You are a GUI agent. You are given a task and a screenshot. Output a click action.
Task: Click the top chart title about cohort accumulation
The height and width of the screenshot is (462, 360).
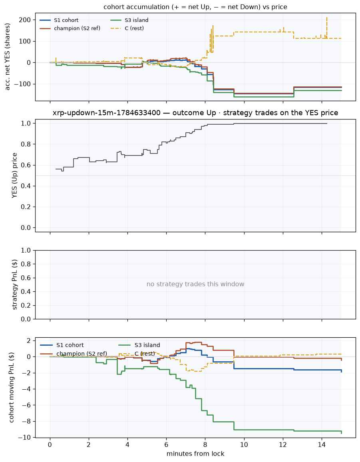[x=195, y=7]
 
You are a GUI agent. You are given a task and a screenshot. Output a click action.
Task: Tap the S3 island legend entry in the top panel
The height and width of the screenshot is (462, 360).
[x=129, y=20]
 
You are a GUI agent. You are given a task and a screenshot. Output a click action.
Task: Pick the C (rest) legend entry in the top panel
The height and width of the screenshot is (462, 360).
[x=127, y=29]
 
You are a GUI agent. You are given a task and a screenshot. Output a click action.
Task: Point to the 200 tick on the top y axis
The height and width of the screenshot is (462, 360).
[x=25, y=20]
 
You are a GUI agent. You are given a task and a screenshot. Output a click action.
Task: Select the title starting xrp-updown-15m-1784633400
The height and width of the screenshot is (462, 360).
[x=195, y=113]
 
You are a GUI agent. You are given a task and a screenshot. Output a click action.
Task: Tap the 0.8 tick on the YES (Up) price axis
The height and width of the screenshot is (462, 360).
[x=26, y=144]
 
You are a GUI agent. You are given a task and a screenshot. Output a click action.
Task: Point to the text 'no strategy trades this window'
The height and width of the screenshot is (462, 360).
[x=195, y=284]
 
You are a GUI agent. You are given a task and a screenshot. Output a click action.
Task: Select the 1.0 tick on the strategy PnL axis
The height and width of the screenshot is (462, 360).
[x=26, y=251]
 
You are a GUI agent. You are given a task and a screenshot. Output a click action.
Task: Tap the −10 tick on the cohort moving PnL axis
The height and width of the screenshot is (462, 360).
[x=24, y=438]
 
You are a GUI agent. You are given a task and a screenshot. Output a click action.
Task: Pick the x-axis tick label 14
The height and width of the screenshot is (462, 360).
[x=322, y=445]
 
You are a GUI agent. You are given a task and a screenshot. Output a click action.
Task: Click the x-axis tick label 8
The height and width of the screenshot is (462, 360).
[x=205, y=445]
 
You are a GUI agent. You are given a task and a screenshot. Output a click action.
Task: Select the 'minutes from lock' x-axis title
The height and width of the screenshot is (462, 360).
[x=195, y=454]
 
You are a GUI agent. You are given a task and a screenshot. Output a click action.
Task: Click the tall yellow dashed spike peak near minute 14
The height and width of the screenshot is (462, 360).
[x=327, y=18]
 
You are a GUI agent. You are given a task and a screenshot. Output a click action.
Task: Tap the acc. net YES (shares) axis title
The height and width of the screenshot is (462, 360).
[x=8, y=57]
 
